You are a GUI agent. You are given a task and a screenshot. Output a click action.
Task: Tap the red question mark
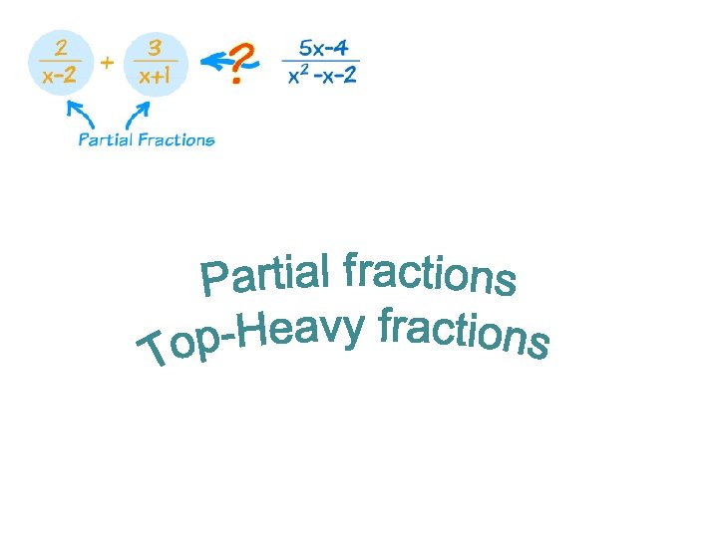pyautogui.click(x=239, y=63)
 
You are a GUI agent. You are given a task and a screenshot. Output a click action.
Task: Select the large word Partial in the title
pyautogui.click(x=266, y=272)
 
